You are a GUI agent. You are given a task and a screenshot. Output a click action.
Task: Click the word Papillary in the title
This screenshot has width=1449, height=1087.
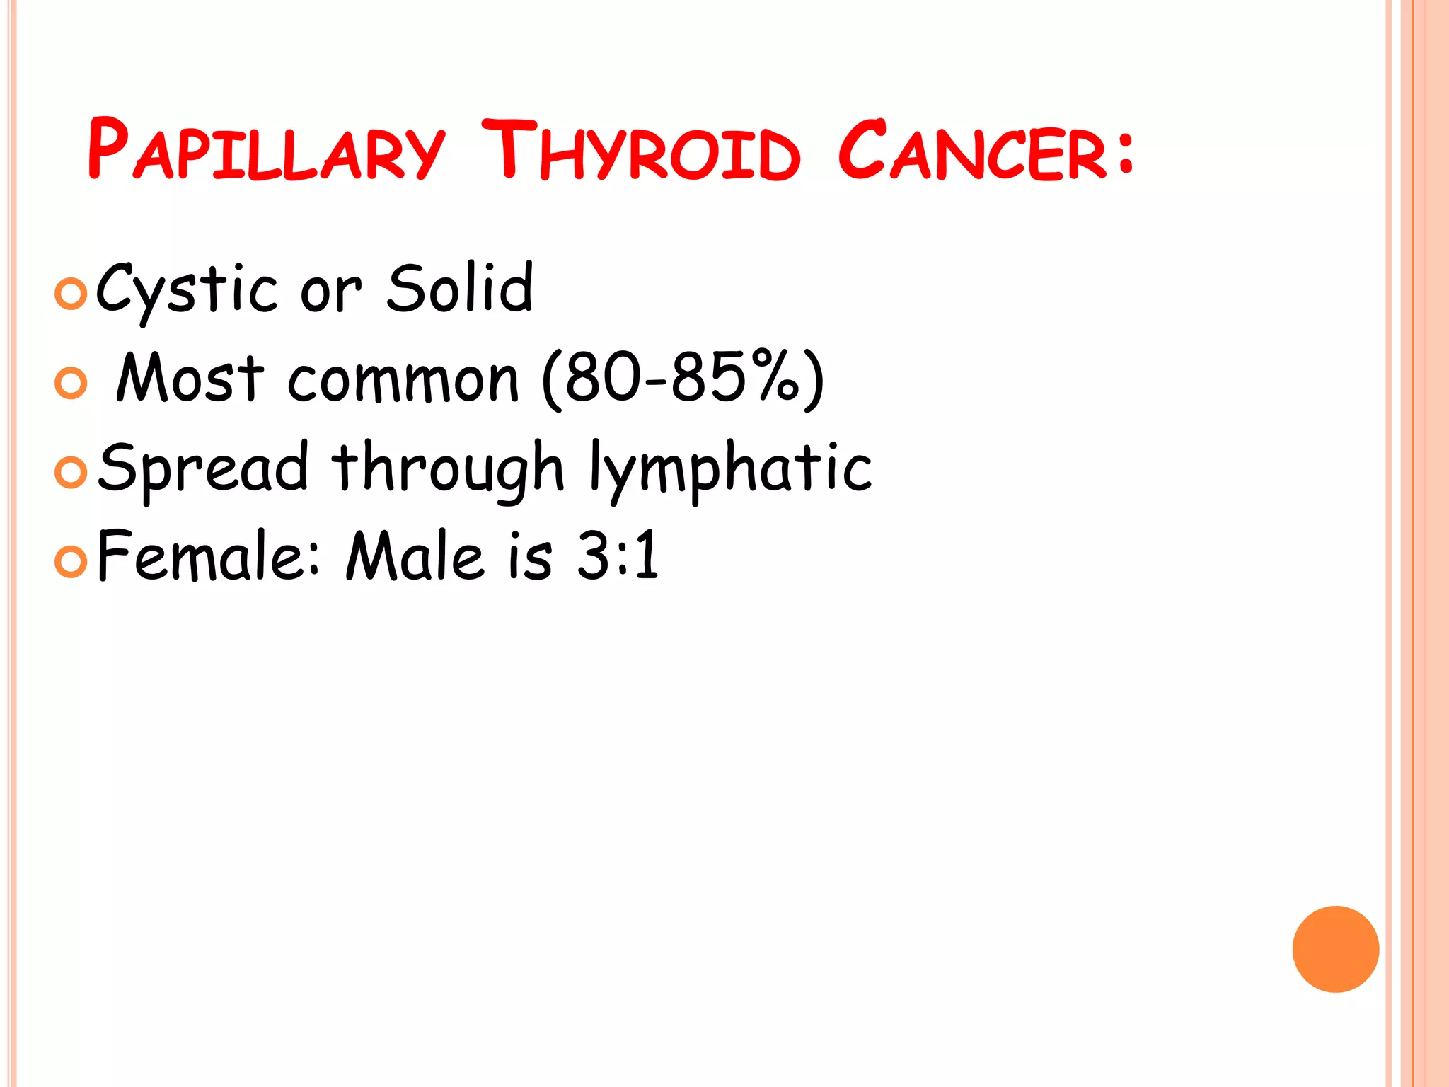click(x=266, y=150)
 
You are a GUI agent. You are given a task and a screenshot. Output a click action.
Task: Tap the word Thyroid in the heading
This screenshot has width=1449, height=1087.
click(x=640, y=150)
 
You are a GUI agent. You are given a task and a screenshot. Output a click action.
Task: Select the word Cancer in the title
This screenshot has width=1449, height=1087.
click(x=971, y=150)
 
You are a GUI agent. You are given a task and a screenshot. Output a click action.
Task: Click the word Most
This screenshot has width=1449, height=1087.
click(x=190, y=378)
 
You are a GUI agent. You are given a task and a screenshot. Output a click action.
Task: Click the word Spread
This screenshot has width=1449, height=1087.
click(x=204, y=467)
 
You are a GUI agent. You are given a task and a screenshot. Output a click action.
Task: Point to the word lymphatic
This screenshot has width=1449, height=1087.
click(x=730, y=467)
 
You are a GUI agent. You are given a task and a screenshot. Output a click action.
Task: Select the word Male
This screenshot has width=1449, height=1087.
click(x=415, y=556)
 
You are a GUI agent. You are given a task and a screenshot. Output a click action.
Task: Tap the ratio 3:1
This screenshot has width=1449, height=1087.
click(x=618, y=556)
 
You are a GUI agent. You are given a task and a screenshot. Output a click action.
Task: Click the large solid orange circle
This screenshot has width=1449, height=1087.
click(x=1335, y=949)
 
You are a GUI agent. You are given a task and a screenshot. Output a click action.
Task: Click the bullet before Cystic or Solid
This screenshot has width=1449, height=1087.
click(x=71, y=294)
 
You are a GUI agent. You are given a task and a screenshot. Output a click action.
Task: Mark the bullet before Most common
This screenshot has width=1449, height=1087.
click(x=71, y=383)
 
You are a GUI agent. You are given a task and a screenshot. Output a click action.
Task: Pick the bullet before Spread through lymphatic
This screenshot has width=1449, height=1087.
click(x=71, y=473)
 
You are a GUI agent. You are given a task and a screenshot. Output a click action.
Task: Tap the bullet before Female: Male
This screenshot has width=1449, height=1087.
click(x=71, y=562)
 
